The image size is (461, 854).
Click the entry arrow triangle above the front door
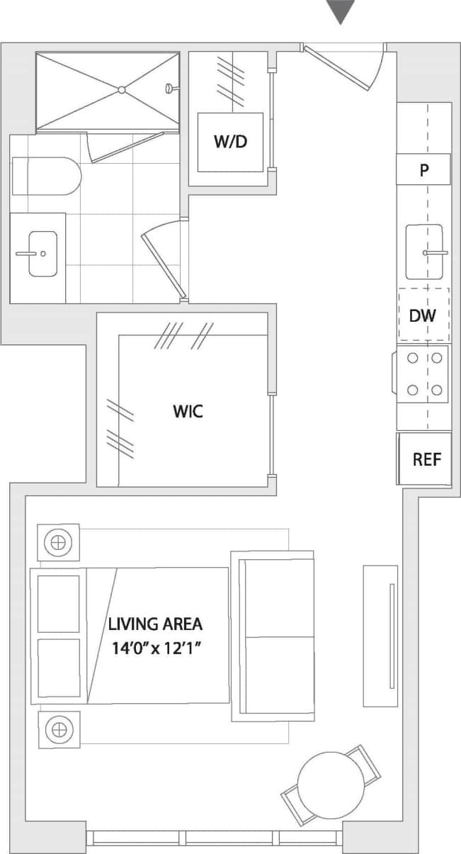[x=341, y=11]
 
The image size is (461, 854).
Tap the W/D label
[x=230, y=142]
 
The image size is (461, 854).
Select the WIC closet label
[x=188, y=411]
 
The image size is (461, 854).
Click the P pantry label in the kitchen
[x=423, y=170]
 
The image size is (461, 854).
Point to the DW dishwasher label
[x=423, y=316]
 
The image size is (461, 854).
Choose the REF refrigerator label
[x=426, y=459]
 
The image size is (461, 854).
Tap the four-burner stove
[x=423, y=374]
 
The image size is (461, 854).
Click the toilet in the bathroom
[x=46, y=176]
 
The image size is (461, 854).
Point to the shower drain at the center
[x=122, y=90]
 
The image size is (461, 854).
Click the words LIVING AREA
[x=155, y=624]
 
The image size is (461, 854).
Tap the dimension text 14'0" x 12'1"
[x=155, y=648]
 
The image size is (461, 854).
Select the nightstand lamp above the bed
[x=58, y=544]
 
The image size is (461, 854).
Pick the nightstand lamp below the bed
[x=58, y=729]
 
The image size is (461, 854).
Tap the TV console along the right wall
[x=381, y=636]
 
